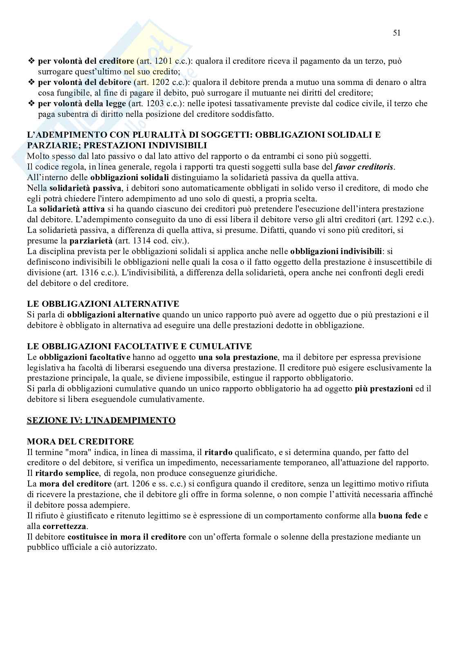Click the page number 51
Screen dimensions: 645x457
tap(397, 33)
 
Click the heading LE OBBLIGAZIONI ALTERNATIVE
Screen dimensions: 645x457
tap(103, 304)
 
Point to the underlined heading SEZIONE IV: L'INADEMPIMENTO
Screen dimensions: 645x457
tap(101, 420)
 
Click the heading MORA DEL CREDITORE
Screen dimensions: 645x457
tap(80, 442)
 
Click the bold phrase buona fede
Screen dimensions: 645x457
tap(400, 516)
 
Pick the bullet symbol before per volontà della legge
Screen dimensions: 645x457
tap(31, 104)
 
